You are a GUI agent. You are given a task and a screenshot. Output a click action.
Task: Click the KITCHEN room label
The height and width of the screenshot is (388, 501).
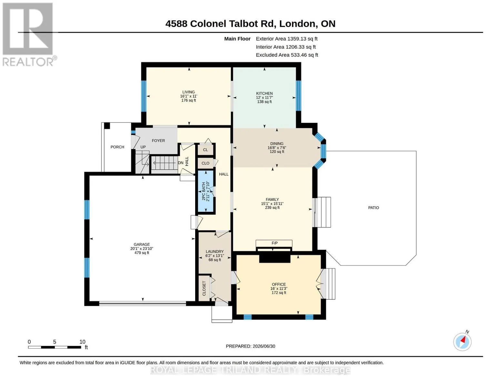264,93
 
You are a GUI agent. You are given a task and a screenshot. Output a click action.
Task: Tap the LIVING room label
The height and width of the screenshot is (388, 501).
188,92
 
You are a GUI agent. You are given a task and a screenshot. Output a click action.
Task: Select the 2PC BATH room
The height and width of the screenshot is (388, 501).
205,191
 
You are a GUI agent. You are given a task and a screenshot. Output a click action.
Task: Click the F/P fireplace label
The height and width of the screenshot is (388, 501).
274,243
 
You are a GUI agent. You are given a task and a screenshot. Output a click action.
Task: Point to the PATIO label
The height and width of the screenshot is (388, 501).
373,208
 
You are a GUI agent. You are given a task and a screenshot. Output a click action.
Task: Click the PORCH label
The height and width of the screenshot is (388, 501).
117,147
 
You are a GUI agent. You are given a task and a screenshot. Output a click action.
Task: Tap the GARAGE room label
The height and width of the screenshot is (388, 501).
142,244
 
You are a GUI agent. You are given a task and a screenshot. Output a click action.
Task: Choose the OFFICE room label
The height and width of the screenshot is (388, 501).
278,285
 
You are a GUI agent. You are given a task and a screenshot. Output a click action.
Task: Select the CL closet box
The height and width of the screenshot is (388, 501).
205,150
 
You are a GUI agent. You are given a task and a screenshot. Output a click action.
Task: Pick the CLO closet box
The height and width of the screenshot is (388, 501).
205,163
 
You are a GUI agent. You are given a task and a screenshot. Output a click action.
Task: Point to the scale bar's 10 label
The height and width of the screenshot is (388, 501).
82,342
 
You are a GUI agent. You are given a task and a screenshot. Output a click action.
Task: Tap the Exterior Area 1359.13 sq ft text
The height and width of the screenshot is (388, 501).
286,39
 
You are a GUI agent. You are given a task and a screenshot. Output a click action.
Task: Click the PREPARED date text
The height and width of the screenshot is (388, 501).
250,346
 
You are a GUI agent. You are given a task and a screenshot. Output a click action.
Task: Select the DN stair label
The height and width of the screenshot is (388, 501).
181,163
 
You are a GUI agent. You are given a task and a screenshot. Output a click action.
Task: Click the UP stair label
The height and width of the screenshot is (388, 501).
143,147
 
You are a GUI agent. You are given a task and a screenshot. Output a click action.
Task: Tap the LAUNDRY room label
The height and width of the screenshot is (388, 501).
215,252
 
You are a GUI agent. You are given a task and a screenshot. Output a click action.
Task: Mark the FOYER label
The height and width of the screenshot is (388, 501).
158,141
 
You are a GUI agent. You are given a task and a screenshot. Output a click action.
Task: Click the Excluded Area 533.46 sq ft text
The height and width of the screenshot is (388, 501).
287,55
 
